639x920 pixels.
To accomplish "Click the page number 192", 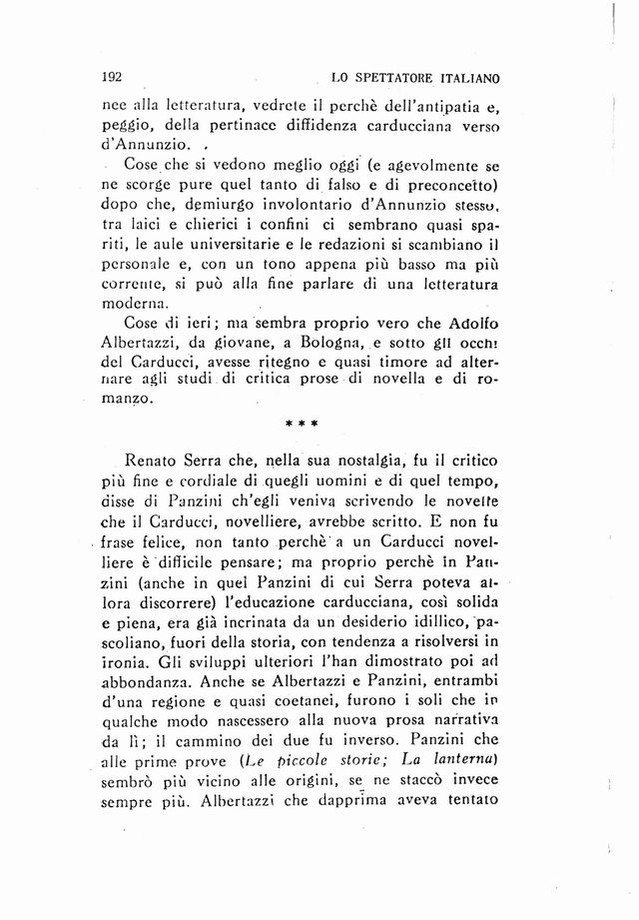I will (x=113, y=76).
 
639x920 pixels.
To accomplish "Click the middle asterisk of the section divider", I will (x=301, y=424).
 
